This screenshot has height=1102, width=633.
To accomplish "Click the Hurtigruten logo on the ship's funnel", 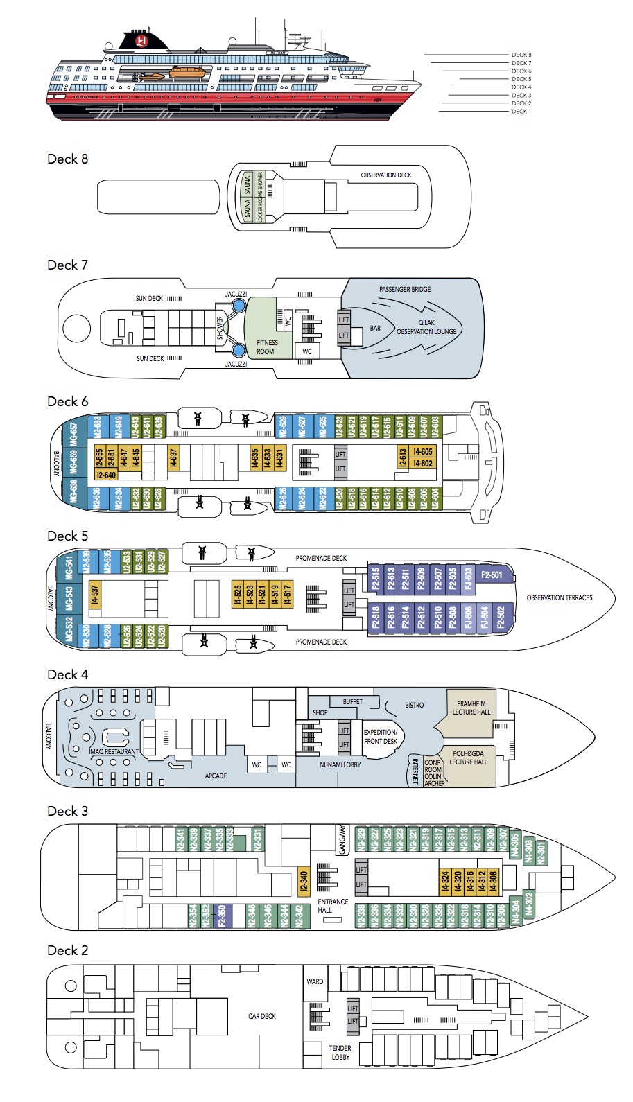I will pos(142,42).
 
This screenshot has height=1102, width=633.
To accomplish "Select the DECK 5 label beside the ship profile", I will pos(521,79).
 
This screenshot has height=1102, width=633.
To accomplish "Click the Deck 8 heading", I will pos(67,159).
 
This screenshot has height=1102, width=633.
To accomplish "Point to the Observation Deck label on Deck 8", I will pos(385,175).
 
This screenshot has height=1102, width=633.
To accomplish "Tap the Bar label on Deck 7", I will pos(375,329).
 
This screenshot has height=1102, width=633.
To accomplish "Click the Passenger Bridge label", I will pos(405,290).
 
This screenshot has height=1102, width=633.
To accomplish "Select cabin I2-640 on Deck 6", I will pos(107,475).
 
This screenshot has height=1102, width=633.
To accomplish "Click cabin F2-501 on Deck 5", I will pos(492,575).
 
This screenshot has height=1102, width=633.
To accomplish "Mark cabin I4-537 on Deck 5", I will pos(95,594).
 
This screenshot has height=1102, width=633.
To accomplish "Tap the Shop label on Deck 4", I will pos(320,712).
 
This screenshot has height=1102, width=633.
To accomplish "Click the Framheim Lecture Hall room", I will pos(471,708).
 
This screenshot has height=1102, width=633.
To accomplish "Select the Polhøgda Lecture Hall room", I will pos(468,758).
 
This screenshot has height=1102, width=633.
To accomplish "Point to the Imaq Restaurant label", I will pos(114,751).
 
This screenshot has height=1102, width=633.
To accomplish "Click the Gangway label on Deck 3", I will pos(341,840).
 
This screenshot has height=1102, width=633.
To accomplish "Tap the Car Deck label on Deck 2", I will pos(262,1016).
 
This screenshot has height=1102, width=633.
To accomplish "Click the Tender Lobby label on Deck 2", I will pos(340,1052).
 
